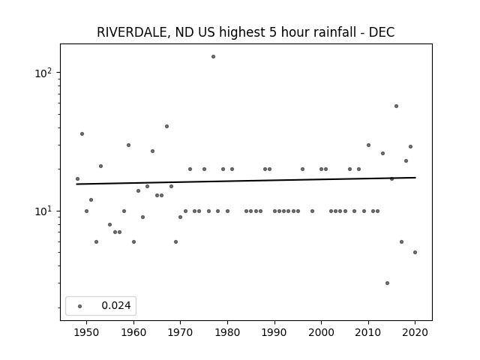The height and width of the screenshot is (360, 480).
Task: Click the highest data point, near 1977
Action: tap(213, 57)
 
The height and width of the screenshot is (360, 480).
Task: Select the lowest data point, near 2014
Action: tap(387, 283)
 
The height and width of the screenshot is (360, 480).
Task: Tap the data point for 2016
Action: tap(396, 106)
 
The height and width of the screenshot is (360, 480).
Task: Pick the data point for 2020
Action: tap(415, 253)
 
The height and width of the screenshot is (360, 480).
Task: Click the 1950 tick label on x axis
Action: tap(87, 332)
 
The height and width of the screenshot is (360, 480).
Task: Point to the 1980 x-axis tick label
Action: tap(227, 332)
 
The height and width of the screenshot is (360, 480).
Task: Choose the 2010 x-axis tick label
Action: tap(368, 332)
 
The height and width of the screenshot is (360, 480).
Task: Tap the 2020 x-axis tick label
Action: tap(415, 332)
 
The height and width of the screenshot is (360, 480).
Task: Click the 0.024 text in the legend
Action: tap(116, 305)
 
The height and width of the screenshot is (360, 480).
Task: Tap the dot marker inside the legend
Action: tap(80, 306)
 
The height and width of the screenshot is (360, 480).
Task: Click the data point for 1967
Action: tap(166, 127)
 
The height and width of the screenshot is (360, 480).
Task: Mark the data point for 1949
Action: tap(82, 134)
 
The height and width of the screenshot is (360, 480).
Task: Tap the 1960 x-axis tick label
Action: tap(133, 332)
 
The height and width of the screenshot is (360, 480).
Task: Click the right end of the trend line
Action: tap(415, 178)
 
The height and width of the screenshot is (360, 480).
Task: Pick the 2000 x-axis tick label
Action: tap(322, 332)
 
